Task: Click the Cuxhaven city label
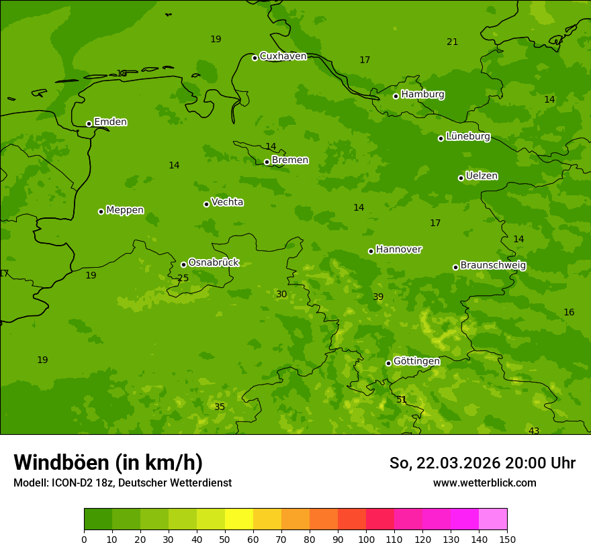click(x=283, y=56)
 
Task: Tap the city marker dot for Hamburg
click(x=396, y=96)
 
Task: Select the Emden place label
click(x=110, y=122)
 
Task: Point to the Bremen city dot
click(x=267, y=162)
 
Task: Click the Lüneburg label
click(x=467, y=136)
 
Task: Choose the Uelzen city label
click(x=482, y=176)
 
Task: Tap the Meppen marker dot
click(x=101, y=211)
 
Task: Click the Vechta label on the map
click(x=227, y=202)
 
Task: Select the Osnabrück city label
click(x=214, y=262)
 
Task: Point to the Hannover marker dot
click(x=371, y=251)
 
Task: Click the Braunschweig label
click(x=493, y=266)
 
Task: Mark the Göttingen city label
click(x=416, y=361)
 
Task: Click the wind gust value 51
click(x=402, y=400)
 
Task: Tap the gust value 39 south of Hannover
click(x=378, y=297)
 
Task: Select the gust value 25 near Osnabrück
click(x=183, y=278)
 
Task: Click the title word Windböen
click(x=61, y=462)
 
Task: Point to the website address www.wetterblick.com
click(x=484, y=483)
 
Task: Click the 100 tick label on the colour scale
click(x=366, y=539)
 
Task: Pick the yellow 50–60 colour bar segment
click(x=239, y=519)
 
